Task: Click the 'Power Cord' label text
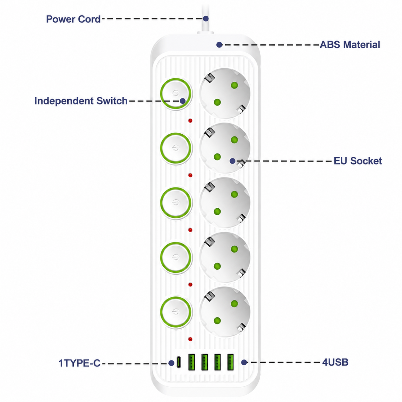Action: click(73, 19)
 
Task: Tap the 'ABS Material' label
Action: click(350, 45)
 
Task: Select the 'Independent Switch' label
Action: click(81, 101)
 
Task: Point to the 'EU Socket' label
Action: click(357, 161)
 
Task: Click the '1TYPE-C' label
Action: click(79, 363)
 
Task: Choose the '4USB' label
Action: click(335, 362)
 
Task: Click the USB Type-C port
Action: click(179, 362)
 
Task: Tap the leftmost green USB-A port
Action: click(191, 362)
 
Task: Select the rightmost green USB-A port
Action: click(230, 362)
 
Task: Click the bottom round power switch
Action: click(176, 312)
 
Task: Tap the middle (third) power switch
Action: click(176, 203)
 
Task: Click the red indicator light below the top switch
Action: click(190, 121)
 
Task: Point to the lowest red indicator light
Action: click(190, 339)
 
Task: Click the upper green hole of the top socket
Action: click(234, 85)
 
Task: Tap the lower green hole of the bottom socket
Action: click(217, 321)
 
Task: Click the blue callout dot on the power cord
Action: click(206, 18)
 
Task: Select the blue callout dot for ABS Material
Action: click(219, 45)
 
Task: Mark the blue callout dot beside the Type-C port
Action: click(171, 363)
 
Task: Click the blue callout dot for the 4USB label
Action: click(244, 362)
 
